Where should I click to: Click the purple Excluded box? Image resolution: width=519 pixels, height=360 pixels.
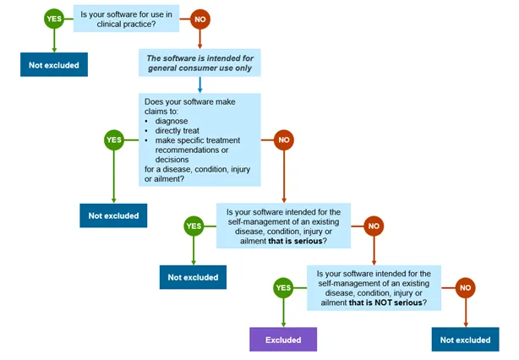pyautogui.click(x=282, y=339)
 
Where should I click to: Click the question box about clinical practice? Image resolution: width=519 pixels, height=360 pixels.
pyautogui.click(x=127, y=19)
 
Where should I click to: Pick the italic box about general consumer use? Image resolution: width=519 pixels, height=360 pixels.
pyautogui.click(x=200, y=63)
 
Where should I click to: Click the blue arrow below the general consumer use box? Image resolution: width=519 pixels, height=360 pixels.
pyautogui.click(x=200, y=84)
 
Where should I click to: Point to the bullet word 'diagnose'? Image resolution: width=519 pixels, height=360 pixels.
pyautogui.click(x=174, y=120)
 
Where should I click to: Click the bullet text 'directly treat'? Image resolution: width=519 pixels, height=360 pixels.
pyautogui.click(x=182, y=130)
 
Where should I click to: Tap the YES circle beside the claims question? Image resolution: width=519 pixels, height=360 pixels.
pyautogui.click(x=113, y=140)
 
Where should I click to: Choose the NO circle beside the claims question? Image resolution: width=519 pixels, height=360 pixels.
pyautogui.click(x=283, y=140)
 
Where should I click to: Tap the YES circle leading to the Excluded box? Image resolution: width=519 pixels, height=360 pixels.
pyautogui.click(x=283, y=288)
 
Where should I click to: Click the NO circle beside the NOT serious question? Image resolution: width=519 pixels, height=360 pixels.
pyautogui.click(x=465, y=288)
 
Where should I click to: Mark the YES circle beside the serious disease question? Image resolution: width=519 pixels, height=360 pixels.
pyautogui.click(x=194, y=226)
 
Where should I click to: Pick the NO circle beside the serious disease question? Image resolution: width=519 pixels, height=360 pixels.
pyautogui.click(x=373, y=226)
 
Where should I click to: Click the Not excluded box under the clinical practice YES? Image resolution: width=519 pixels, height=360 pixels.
pyautogui.click(x=54, y=63)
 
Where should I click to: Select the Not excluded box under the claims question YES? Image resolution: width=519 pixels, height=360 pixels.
pyautogui.click(x=113, y=215)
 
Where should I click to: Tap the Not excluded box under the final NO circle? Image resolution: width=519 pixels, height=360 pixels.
pyautogui.click(x=465, y=339)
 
